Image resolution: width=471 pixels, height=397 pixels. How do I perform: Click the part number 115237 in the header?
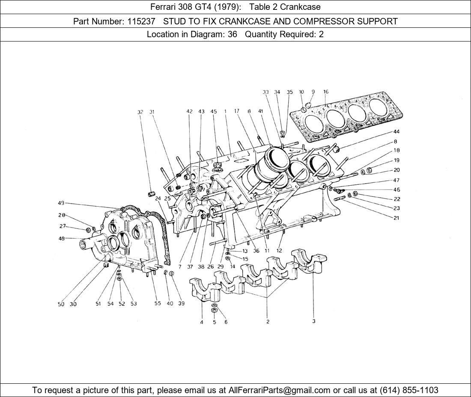pyautogui.click(x=141, y=21)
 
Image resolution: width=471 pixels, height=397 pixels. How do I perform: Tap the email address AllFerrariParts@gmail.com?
pyautogui.click(x=280, y=390)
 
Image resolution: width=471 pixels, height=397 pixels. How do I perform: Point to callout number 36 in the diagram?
pyautogui.click(x=256, y=251)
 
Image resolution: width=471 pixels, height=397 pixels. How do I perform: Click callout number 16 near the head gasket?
pyautogui.click(x=326, y=92)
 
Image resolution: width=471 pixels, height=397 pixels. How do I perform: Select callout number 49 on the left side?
pyautogui.click(x=61, y=203)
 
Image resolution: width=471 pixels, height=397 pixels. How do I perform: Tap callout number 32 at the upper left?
pyautogui.click(x=140, y=112)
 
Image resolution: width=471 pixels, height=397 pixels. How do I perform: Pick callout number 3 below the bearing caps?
pyautogui.click(x=314, y=321)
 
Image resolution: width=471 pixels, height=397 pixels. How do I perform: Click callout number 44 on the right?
pyautogui.click(x=396, y=132)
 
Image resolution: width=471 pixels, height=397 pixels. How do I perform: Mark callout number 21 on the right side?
pyautogui.click(x=396, y=218)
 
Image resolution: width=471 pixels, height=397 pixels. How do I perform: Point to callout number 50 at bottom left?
pyautogui.click(x=61, y=304)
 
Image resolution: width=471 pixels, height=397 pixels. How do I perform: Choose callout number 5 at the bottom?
pyautogui.click(x=214, y=322)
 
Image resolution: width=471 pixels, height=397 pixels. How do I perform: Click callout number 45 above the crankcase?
pyautogui.click(x=214, y=112)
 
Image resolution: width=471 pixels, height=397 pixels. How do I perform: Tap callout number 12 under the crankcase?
pyautogui.click(x=279, y=251)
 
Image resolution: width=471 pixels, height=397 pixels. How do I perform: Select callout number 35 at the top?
pyautogui.click(x=290, y=92)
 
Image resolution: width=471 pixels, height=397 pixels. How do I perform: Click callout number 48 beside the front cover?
pyautogui.click(x=62, y=238)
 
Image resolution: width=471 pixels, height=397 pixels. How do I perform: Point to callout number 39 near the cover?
pyautogui.click(x=182, y=304)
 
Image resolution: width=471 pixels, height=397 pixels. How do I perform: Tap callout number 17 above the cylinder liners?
pyautogui.click(x=236, y=111)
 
